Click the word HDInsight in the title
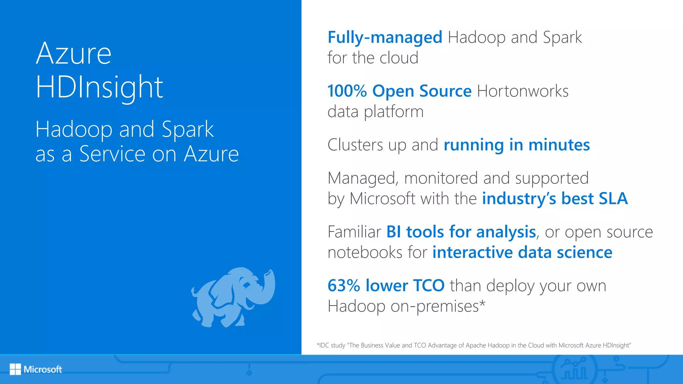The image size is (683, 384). [x=99, y=87]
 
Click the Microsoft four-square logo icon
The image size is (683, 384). [x=15, y=369]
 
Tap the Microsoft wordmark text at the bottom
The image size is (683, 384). [x=43, y=369]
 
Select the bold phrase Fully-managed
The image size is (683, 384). [x=385, y=37]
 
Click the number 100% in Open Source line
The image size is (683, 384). [x=347, y=91]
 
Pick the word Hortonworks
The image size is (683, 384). [x=523, y=91]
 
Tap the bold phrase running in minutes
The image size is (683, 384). [x=517, y=145]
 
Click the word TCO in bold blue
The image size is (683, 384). [x=429, y=286]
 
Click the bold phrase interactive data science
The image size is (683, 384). [x=522, y=252]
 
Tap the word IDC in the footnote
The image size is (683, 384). [x=324, y=345]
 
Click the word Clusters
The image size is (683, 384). [x=355, y=145]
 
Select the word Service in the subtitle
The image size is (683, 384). [x=112, y=154]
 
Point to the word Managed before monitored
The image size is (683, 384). [x=363, y=178]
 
